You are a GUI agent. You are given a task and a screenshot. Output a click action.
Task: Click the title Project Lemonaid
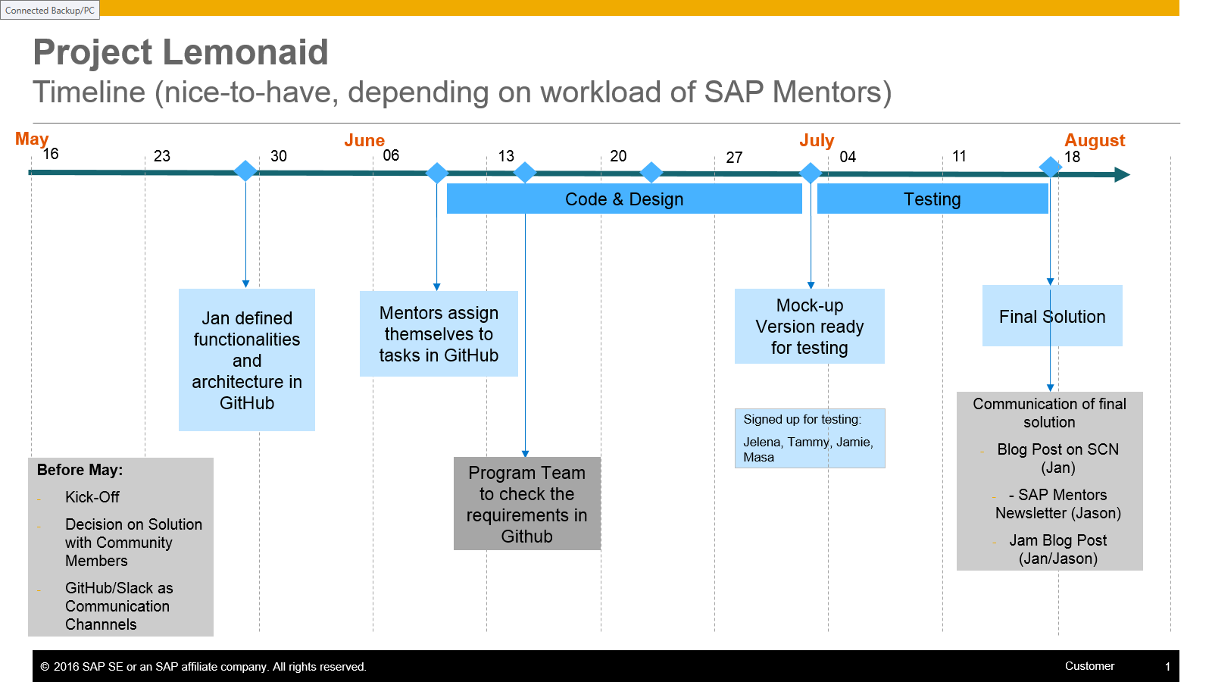pos(180,53)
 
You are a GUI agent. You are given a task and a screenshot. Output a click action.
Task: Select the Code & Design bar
pos(624,199)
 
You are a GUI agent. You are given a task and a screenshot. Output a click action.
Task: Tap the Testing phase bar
pos(932,199)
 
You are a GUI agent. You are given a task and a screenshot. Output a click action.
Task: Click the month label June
pos(364,140)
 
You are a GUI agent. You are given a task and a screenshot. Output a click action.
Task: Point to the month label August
pos(1095,140)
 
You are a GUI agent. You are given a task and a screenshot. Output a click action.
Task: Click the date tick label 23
pos(162,156)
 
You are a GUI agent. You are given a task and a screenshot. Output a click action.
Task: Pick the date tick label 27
pos(734,158)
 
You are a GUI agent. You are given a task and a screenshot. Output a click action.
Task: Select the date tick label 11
pos(959,156)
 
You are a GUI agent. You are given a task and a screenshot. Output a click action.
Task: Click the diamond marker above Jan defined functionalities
pos(245,170)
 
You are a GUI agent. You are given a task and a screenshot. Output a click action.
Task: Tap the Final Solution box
pos(1052,316)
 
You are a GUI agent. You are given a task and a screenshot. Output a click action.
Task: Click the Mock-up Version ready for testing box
pos(809,327)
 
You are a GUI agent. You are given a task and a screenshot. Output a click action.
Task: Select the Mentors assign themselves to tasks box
pos(439,334)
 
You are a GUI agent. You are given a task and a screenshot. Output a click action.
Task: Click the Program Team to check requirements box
pos(526,504)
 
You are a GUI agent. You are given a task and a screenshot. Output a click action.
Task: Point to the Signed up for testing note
pos(809,438)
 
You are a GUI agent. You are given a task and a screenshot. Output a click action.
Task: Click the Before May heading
pos(80,470)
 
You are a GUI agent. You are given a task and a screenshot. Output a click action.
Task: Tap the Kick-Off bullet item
pos(92,497)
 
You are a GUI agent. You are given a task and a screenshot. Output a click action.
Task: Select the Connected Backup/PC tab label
pos(50,10)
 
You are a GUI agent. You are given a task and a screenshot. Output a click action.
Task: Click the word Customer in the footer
pos(1089,666)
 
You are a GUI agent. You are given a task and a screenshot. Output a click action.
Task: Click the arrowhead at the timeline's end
pos(1122,175)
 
